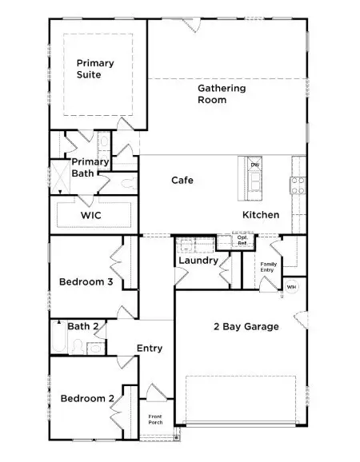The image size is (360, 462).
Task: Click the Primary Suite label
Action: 95,69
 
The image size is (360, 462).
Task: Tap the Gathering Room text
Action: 222,94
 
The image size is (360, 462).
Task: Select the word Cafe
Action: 182,180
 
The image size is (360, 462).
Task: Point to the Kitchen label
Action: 261,214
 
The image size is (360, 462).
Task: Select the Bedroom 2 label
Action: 83,398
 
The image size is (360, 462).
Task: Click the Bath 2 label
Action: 82,326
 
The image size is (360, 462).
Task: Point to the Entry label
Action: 150,348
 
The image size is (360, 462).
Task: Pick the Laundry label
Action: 198,261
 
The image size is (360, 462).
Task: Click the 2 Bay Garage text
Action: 246,326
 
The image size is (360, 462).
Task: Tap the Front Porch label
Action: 155,420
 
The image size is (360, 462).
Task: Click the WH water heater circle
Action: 291,287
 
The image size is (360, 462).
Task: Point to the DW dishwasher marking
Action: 254,165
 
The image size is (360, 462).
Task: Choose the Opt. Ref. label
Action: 242,239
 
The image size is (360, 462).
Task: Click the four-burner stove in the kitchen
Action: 298,185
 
